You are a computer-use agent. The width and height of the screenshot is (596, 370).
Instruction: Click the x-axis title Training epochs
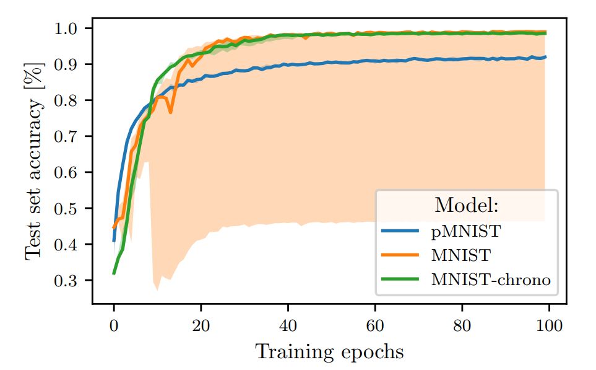(330, 352)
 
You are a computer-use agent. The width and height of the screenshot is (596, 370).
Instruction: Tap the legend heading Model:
(466, 205)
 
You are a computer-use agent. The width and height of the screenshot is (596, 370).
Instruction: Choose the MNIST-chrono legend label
(490, 280)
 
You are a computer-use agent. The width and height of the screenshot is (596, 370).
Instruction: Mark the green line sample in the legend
(403, 280)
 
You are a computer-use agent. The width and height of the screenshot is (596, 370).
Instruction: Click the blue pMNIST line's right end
(545, 57)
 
